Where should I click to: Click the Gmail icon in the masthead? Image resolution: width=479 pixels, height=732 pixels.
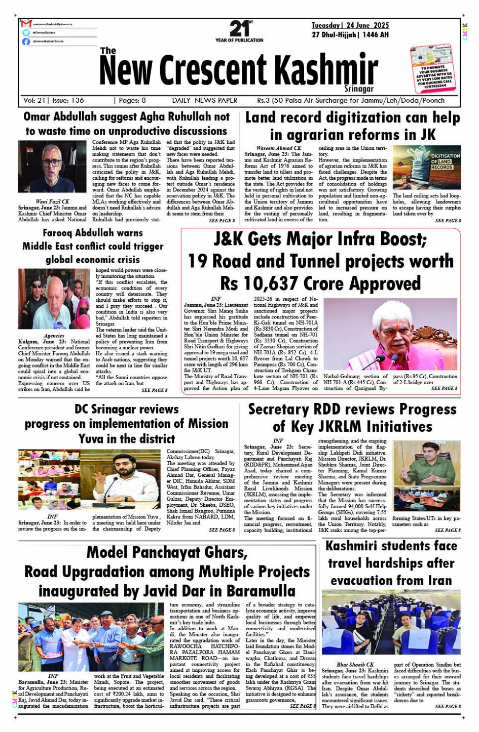26,24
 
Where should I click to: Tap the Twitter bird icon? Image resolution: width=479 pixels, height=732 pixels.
26,32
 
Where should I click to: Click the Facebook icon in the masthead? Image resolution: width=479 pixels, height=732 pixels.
26,42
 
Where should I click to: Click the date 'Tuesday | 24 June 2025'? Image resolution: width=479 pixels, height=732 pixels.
350,25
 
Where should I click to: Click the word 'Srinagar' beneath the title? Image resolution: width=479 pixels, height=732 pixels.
359,89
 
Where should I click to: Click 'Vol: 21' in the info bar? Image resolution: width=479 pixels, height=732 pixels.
33,100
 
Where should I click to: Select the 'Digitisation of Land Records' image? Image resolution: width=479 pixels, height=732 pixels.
427,168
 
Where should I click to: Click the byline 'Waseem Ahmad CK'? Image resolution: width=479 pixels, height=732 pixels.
278,148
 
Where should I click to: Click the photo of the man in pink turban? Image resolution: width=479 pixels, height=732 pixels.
390,334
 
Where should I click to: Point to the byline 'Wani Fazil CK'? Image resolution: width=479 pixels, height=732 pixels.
53,201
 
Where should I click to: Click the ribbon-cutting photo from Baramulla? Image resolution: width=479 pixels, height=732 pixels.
91,637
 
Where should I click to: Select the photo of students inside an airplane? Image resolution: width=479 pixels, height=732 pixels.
391,622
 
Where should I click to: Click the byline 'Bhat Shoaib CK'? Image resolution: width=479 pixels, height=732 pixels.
355,665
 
